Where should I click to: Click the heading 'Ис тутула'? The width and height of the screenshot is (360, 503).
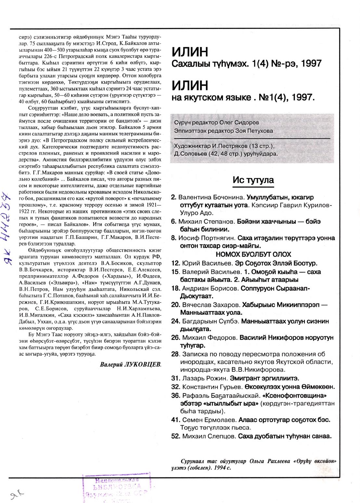pos(253,180)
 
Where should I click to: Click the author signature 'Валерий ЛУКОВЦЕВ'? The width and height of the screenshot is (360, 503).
pos(130,364)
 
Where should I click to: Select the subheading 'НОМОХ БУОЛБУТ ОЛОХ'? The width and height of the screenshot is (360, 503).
pos(253,254)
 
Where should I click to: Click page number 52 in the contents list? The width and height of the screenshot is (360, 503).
pos(175,436)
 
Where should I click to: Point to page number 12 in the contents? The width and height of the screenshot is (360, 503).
pos(175,263)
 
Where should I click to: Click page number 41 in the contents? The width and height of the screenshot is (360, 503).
pos(175,420)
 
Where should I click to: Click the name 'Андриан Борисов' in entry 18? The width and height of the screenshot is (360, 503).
pos(209,288)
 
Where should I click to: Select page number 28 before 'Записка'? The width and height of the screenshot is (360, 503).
pos(175,354)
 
